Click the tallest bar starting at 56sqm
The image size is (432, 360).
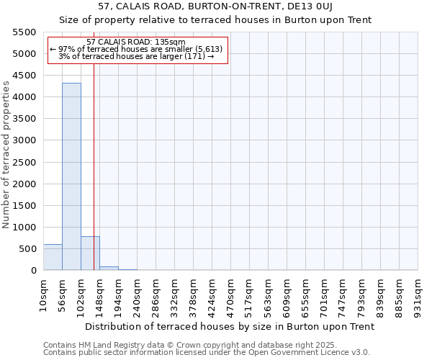71,176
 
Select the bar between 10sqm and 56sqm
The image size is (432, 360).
53,257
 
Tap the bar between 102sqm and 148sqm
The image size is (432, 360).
90,253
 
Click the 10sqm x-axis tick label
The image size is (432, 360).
43,293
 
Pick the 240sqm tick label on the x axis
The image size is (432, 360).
137,293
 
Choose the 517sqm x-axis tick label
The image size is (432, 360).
249,293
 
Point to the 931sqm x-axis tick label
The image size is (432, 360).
418,293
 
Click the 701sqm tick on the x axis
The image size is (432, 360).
324,293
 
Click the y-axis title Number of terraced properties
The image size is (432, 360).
6,155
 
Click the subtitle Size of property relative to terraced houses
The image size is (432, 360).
225,20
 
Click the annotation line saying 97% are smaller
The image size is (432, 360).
136,49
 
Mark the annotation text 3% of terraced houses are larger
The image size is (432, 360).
136,56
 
